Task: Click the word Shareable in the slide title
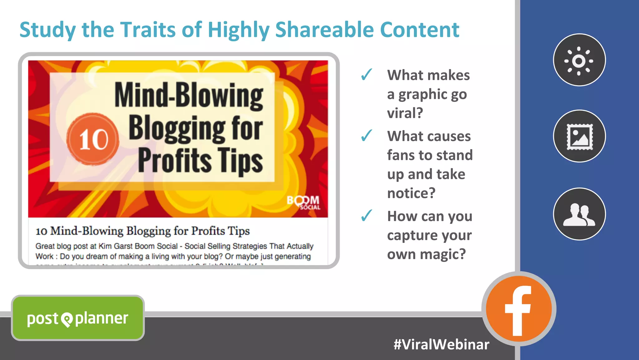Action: click(x=324, y=30)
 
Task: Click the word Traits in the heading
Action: click(x=148, y=30)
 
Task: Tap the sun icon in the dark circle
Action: click(x=579, y=60)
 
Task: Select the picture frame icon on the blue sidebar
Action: click(x=579, y=136)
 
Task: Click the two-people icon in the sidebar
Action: click(x=579, y=214)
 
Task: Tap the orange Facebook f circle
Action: click(x=519, y=309)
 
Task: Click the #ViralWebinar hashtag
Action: click(x=441, y=344)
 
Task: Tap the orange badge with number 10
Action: click(x=93, y=139)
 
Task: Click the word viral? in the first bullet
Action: click(x=405, y=113)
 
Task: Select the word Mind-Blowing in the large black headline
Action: click(x=189, y=96)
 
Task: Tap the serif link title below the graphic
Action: click(x=143, y=231)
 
